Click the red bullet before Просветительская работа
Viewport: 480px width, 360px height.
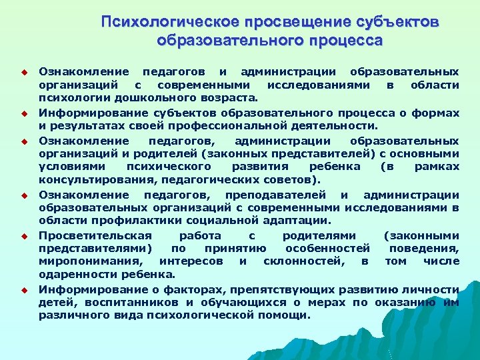(22, 236)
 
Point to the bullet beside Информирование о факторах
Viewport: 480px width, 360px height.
(22, 290)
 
